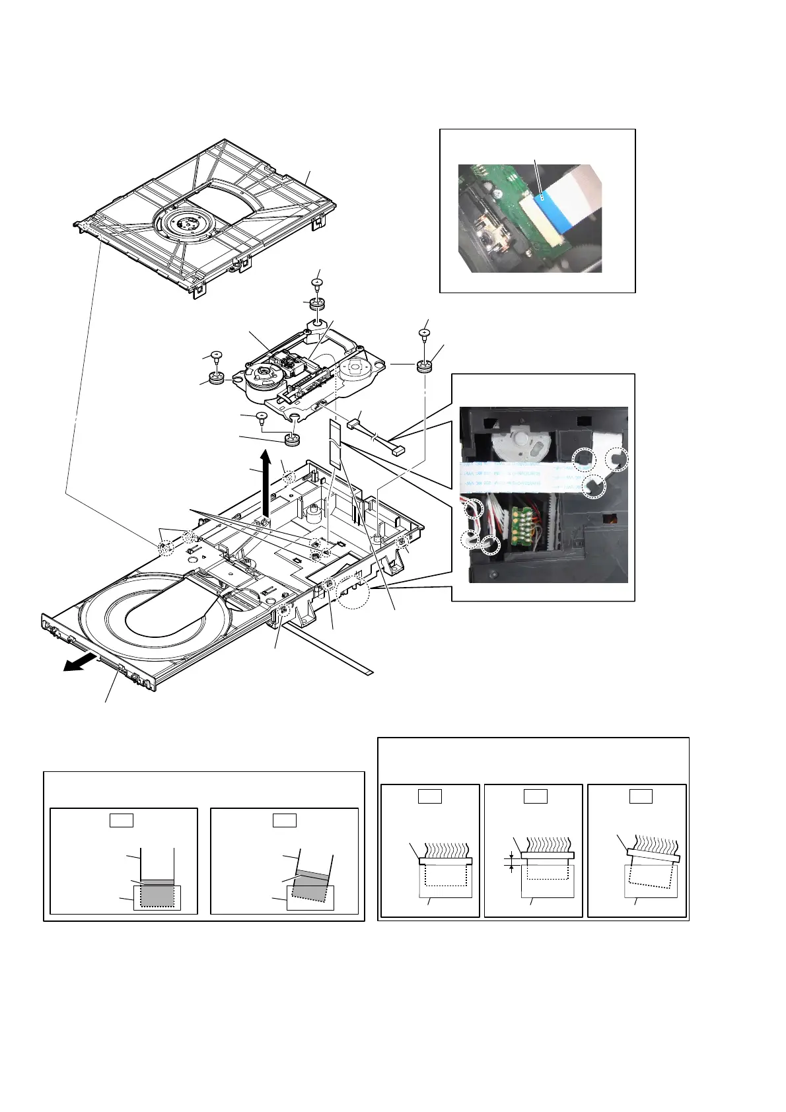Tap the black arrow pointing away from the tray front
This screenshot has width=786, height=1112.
pyautogui.click(x=76, y=665)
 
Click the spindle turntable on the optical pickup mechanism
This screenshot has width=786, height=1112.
pyautogui.click(x=264, y=374)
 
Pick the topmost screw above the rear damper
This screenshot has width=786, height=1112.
pyautogui.click(x=317, y=283)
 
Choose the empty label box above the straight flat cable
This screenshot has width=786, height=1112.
pyautogui.click(x=121, y=820)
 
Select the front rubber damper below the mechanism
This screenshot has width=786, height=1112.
pyautogui.click(x=291, y=439)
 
